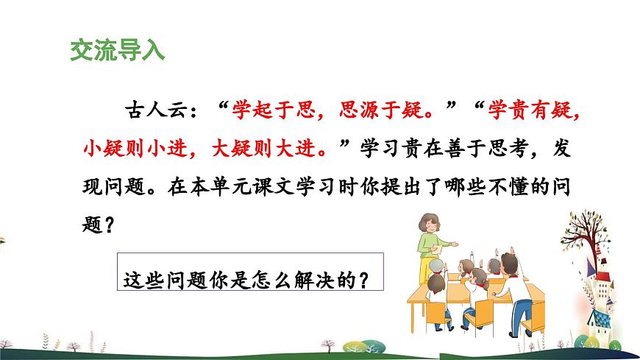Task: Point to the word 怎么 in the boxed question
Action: tap(282, 280)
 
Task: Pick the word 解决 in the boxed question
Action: tap(321, 280)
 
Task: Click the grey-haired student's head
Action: tap(438, 264)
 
